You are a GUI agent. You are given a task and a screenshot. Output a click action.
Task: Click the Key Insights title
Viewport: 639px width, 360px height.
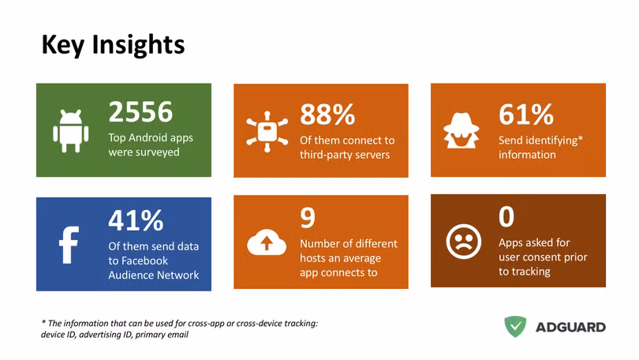point(113,45)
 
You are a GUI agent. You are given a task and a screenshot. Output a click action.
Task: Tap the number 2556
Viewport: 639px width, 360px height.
point(140,111)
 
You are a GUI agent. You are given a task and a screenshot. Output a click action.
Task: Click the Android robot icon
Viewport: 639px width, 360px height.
point(70,131)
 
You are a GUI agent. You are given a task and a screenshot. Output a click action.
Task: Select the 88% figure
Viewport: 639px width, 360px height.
point(327,114)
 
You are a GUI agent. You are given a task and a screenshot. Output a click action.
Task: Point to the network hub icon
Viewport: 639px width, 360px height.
point(267,131)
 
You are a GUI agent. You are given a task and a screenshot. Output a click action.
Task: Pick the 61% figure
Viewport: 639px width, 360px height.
point(526,114)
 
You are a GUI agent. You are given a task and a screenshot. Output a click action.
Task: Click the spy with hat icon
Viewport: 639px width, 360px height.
point(461,130)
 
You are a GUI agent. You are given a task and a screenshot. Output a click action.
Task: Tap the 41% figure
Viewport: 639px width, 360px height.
point(136,220)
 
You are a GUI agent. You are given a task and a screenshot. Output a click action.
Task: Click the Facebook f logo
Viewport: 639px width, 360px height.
point(69,245)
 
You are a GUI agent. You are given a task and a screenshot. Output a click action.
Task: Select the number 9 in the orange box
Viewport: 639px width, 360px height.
point(308,218)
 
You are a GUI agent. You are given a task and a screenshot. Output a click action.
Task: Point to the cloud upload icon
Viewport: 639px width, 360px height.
point(267,242)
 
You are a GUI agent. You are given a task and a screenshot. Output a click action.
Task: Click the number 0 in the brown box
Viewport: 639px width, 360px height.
point(506,216)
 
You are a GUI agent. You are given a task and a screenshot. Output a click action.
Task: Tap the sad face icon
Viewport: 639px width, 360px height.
point(463,242)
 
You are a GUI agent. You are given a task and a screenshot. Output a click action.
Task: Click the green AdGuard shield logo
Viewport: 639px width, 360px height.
point(515,326)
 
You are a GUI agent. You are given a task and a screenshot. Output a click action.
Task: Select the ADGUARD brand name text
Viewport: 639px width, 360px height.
point(570,328)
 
